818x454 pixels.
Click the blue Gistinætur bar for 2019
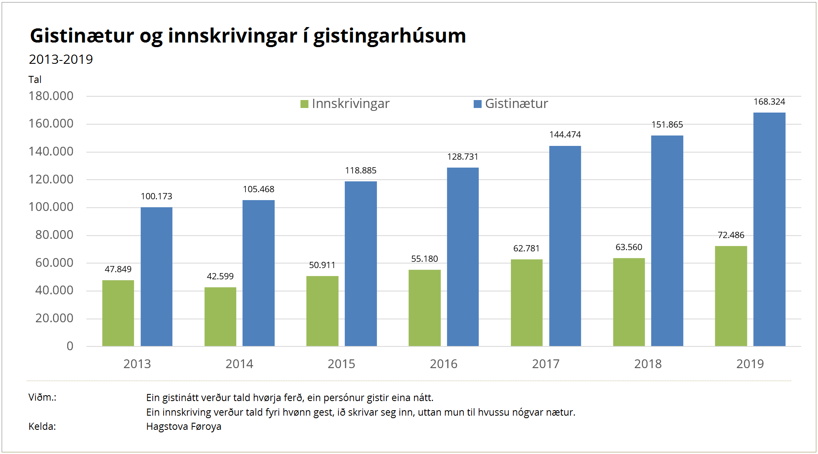769,229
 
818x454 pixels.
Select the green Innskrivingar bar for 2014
220,316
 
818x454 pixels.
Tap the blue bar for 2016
463,257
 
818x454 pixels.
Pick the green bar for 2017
527,303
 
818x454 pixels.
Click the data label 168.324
769,102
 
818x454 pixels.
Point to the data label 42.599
220,276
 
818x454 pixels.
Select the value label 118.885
361,171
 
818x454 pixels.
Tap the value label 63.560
629,247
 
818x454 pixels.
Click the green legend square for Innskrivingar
304,104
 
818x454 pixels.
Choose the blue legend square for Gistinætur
477,104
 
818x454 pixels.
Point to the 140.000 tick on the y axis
51,151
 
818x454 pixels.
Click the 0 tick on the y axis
70,346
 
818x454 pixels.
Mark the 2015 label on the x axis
341,364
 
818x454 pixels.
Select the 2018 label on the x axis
648,364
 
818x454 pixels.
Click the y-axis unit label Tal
35,80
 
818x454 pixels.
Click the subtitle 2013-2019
61,60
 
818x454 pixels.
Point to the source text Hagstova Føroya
184,426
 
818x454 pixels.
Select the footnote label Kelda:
42,426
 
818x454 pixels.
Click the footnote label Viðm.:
43,397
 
